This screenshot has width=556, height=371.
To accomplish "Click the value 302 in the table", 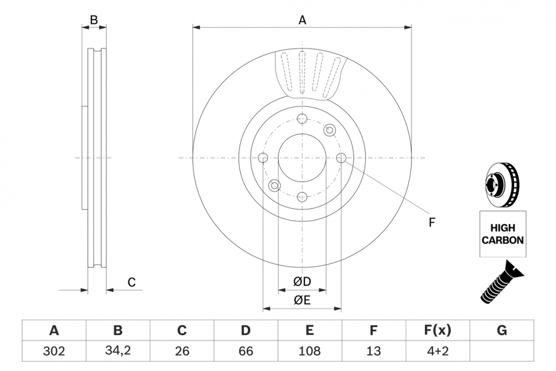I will (x=54, y=351).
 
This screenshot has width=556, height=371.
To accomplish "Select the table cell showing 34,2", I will (x=117, y=351).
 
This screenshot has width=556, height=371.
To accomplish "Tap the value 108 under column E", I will (x=310, y=351).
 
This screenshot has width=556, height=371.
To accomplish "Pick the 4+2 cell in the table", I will (x=438, y=351).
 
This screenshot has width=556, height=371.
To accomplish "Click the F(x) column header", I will (x=438, y=331).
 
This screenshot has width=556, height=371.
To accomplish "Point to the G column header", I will (x=502, y=331).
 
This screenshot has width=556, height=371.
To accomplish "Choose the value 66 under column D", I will (x=245, y=351).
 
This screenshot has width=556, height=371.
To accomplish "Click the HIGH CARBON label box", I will (x=502, y=234).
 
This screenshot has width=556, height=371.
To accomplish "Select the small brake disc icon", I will (x=502, y=185).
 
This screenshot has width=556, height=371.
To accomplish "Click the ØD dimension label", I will (x=302, y=282).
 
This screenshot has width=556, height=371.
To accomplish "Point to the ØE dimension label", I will (x=302, y=300).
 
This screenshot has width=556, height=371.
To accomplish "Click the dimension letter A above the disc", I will (x=302, y=20).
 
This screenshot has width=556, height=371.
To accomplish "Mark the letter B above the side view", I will (x=94, y=20).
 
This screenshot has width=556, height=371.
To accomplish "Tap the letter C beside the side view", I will (x=131, y=282).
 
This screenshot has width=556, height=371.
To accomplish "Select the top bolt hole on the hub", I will (x=302, y=119).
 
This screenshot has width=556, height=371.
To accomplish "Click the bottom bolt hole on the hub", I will (x=302, y=197).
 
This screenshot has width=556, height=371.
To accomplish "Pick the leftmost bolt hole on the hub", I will (x=263, y=158).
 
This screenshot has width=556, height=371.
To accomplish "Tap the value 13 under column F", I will (x=374, y=351).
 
